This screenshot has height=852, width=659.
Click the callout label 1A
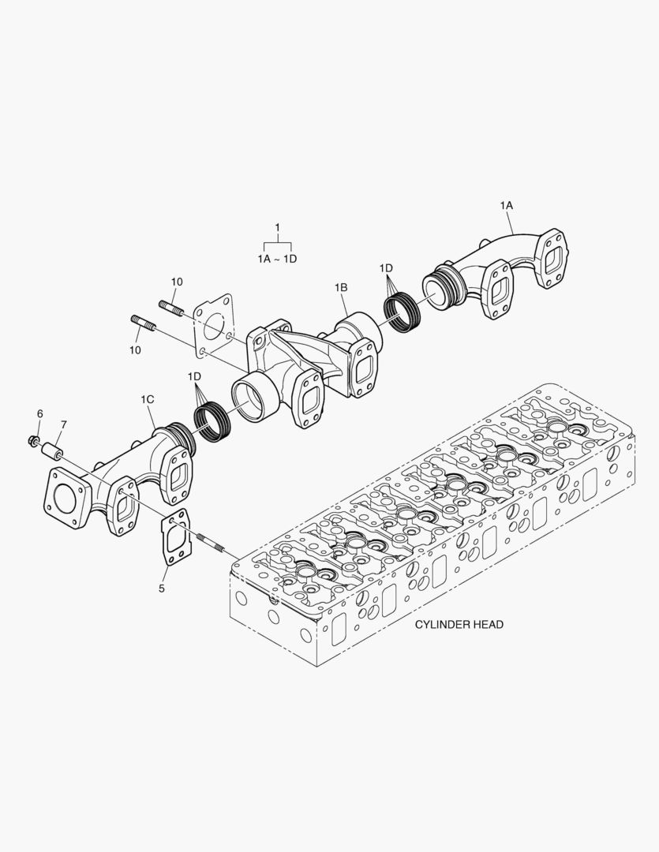click(x=506, y=205)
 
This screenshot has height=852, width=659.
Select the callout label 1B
click(x=341, y=288)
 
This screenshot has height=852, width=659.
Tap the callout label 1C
click(x=148, y=400)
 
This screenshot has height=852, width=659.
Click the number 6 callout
click(x=39, y=413)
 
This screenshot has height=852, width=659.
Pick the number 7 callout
click(x=63, y=425)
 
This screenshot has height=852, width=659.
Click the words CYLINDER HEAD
click(x=459, y=624)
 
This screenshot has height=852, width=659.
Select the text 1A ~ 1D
click(x=277, y=258)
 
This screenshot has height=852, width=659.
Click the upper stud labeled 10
click(x=172, y=308)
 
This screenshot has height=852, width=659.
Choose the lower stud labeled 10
click(x=143, y=323)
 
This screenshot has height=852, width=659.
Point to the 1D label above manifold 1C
click(x=195, y=377)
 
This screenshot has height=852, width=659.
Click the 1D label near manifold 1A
click(x=386, y=267)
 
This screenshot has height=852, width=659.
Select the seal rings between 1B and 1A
click(x=407, y=311)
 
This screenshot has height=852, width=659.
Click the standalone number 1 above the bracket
click(x=277, y=228)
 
